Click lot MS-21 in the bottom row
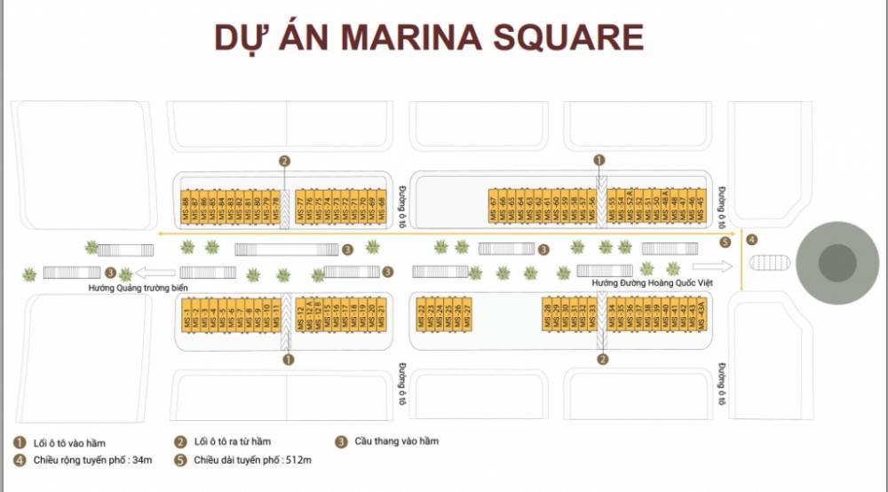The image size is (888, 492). tap(382, 315)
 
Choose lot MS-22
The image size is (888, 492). tap(421, 315)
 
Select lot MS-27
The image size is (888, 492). tap(466, 315)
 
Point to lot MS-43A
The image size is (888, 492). tap(702, 315)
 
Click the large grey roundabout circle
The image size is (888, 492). tap(836, 263)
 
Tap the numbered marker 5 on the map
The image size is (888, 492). tap(725, 242)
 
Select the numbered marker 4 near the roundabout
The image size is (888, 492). tap(752, 239)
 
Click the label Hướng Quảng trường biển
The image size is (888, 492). tap(138, 289)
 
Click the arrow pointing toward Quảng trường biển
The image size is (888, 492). tap(156, 273)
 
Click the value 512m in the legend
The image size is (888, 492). tap(298, 460)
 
